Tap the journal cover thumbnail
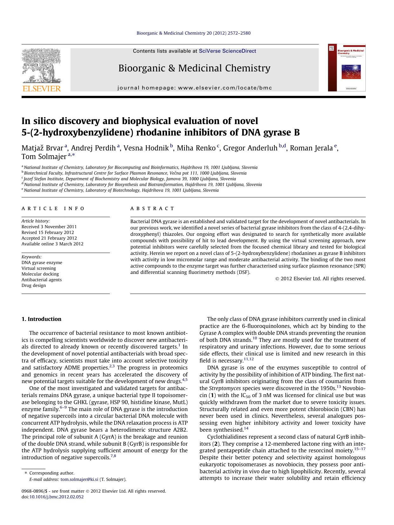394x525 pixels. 347,68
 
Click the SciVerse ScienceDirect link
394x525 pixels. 227,51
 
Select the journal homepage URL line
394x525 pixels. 195,88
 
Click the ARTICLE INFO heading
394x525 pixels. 53,209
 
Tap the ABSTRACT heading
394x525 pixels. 152,209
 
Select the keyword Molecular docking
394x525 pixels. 40,274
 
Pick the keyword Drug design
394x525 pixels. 34,285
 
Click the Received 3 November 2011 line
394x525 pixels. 49,227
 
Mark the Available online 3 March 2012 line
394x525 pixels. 52,244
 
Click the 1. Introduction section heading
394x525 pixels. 41,319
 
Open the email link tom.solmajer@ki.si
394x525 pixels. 79,480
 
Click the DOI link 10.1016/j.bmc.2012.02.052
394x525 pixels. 57,497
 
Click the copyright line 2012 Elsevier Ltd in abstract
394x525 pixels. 320,279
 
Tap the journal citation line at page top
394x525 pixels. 193,33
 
